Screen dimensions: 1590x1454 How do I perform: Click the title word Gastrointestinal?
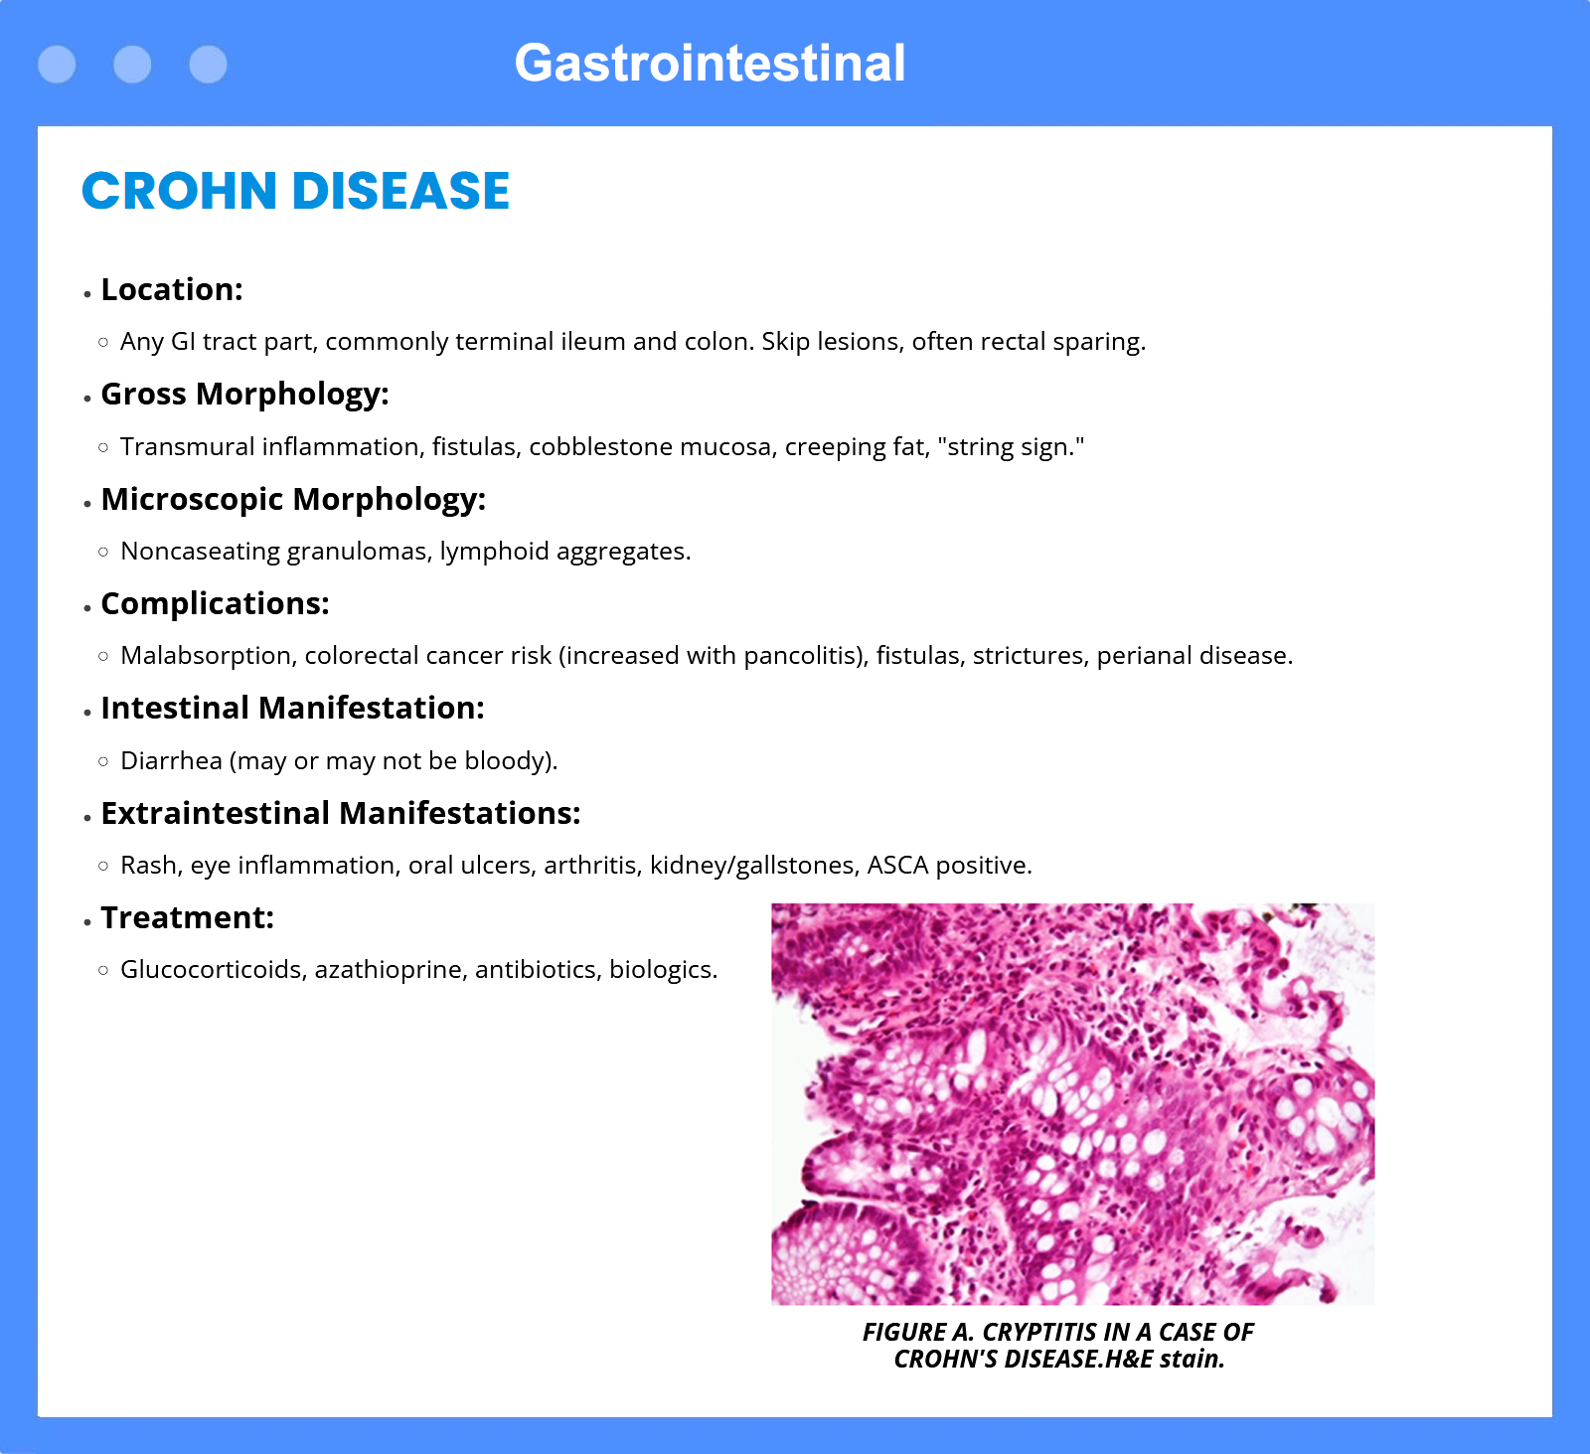point(710,64)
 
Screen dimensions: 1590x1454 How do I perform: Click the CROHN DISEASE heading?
point(295,191)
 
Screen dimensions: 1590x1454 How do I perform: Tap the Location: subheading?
point(172,289)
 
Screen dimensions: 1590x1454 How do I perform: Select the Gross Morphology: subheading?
point(244,395)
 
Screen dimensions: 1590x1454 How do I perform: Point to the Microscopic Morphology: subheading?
point(293,499)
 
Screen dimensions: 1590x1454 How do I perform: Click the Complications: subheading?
point(215,604)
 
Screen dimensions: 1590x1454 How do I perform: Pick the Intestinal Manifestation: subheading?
point(292,708)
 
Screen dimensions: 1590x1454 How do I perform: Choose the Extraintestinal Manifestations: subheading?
point(340,813)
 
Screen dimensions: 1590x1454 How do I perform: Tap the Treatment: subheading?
point(187,917)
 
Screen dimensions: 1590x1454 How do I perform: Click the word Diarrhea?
point(171,760)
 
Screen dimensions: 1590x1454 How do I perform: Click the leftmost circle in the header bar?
point(57,65)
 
